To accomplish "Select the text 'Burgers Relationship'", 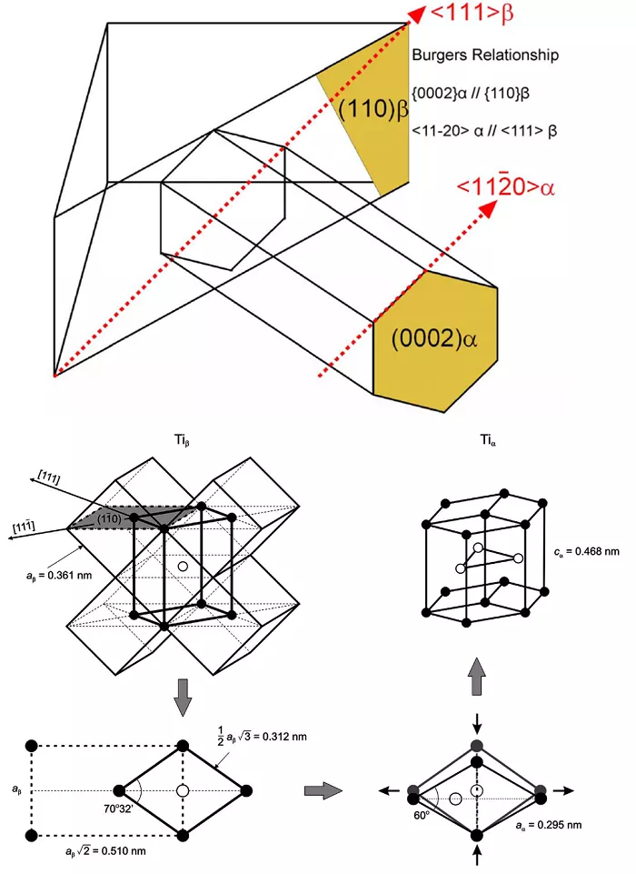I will click(485, 55).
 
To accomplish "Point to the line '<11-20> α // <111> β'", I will click(484, 131).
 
